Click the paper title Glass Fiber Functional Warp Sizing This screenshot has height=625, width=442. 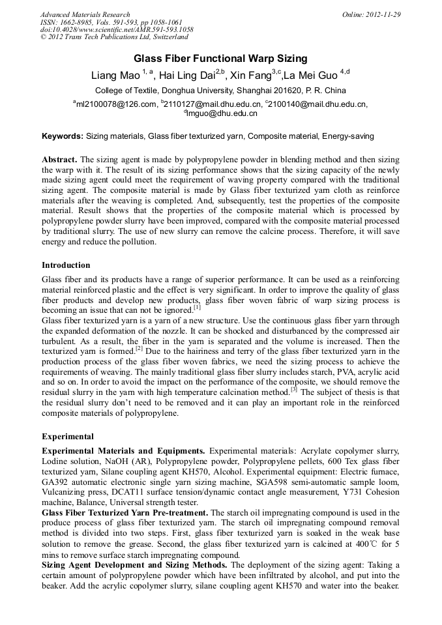click(220, 59)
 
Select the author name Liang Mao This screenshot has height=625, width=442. click(115, 75)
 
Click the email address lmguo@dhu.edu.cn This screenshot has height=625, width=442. click(223, 113)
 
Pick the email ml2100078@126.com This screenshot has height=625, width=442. click(117, 104)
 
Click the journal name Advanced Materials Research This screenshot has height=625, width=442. click(85, 14)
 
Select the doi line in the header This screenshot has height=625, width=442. click(116, 30)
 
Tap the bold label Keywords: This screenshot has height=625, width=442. click(63, 136)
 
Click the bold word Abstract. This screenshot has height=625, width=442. click(59, 159)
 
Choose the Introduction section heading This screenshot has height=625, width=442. click(66, 265)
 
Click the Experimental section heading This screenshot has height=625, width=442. click(68, 436)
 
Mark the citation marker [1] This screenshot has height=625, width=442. click(197, 308)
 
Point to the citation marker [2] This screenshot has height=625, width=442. click(139, 349)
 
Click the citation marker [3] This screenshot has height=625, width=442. click(294, 390)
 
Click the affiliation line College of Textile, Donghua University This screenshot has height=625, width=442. click(220, 90)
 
